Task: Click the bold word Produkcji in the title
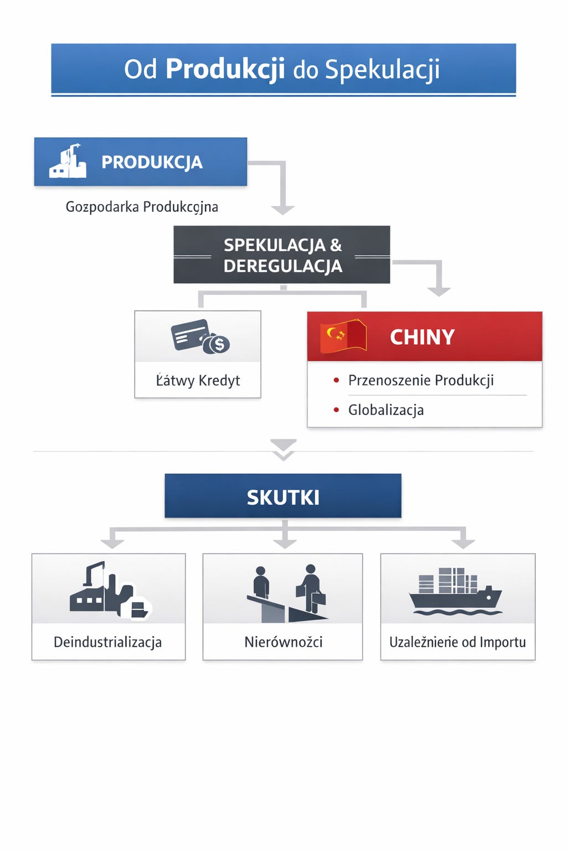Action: coord(225,69)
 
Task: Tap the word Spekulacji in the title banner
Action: coord(382,70)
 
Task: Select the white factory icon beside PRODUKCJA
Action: coord(68,162)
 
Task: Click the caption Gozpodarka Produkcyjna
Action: coord(142,207)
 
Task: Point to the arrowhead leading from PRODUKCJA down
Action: coord(282,210)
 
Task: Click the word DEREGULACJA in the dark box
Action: coord(283,266)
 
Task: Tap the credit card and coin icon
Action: coord(200,337)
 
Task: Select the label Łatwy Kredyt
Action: coord(198,381)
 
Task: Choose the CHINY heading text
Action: coord(422,337)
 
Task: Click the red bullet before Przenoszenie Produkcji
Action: coord(336,380)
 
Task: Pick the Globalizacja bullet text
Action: coord(386,410)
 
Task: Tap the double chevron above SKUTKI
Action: coord(283,449)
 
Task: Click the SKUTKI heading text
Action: coord(283,497)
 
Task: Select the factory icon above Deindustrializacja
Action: coord(110,590)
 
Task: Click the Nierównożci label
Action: coord(283,642)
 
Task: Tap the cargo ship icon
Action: coord(456,592)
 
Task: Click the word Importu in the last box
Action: coord(502,642)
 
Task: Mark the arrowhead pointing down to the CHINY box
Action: coord(439,291)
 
